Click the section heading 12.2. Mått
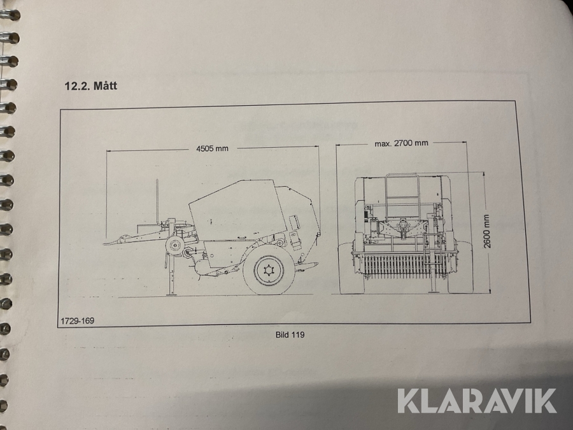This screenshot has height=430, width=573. click(90, 85)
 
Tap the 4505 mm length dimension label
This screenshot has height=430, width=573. click(212, 148)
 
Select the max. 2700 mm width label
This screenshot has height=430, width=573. click(401, 143)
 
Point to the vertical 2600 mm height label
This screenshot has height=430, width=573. click(486, 231)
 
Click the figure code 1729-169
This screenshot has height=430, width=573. click(78, 321)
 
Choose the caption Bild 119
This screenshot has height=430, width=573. click(290, 334)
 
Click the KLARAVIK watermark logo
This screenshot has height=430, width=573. click(478, 401)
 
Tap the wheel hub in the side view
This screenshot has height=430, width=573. click(270, 271)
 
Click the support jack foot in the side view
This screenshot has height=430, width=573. click(171, 293)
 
